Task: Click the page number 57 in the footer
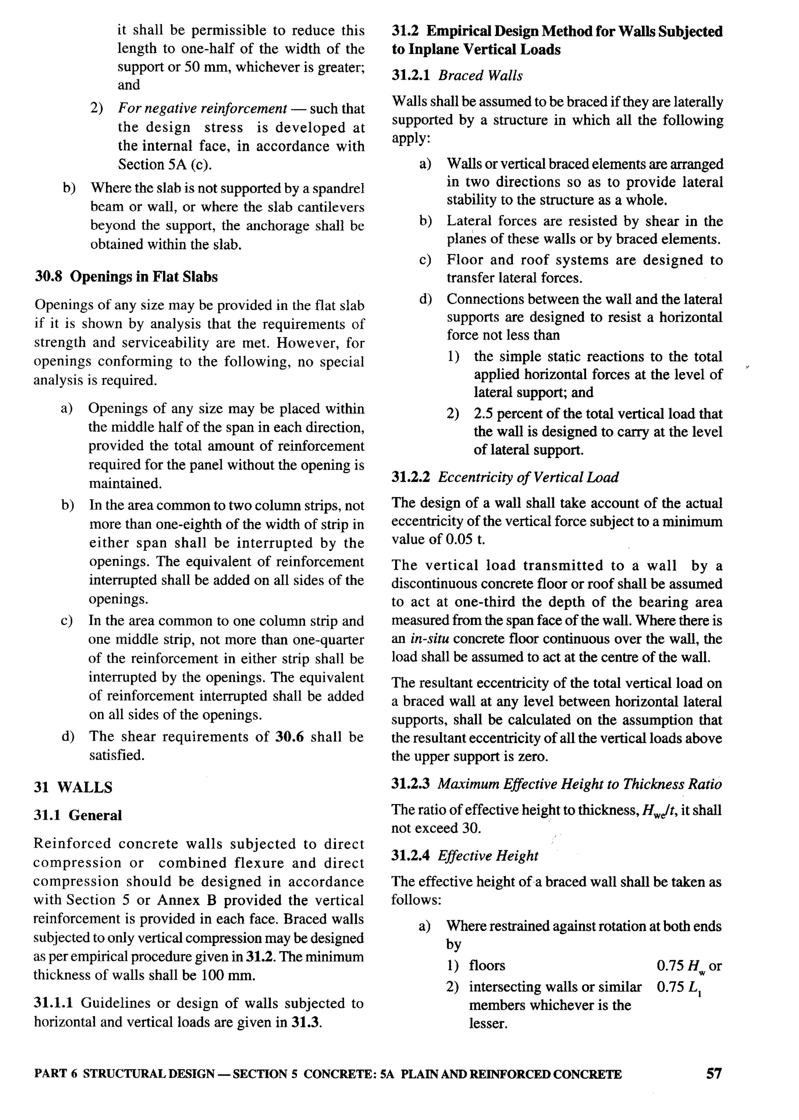click(714, 1073)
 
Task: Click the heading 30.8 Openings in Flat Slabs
click(126, 277)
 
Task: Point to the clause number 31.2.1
click(411, 76)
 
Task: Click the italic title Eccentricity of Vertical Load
click(528, 477)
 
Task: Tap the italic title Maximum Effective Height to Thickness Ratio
click(580, 784)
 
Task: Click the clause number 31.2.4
click(410, 856)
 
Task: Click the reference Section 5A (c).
click(165, 164)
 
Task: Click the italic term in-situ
click(426, 639)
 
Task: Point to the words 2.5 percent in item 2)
click(507, 414)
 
